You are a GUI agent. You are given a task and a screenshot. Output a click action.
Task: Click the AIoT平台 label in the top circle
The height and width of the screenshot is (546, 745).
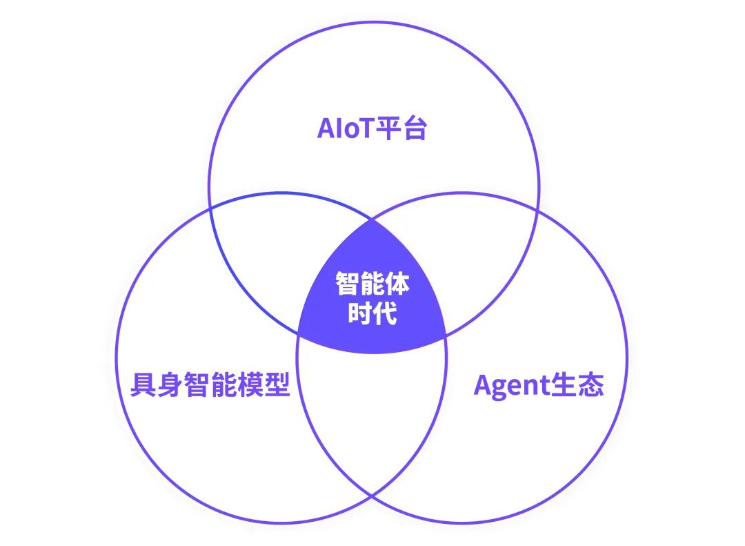[372, 128]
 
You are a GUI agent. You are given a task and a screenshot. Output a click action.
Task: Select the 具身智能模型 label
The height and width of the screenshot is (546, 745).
[210, 384]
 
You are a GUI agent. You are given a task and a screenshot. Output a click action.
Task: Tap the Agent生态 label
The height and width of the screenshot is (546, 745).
[538, 385]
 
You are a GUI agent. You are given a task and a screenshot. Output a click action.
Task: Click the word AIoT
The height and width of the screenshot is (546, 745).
[346, 128]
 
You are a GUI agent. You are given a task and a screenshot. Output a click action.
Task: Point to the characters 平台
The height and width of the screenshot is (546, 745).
[401, 128]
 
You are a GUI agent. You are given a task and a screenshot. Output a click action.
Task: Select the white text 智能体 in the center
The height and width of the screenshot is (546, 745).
[372, 284]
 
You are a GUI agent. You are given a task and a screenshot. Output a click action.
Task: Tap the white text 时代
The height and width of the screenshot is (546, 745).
[372, 313]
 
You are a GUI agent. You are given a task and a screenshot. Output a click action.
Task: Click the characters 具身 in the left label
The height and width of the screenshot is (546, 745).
[157, 384]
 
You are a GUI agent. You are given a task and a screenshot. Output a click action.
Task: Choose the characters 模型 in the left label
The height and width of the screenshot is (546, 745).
[264, 384]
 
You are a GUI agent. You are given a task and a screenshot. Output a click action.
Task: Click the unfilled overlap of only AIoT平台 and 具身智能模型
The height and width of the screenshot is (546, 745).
[280, 257]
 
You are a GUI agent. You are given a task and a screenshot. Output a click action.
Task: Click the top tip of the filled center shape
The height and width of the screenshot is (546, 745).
[372, 220]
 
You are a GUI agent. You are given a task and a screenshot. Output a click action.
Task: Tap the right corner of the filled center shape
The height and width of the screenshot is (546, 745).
[446, 337]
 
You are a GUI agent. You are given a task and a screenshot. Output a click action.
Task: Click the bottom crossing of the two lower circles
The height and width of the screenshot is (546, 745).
[372, 496]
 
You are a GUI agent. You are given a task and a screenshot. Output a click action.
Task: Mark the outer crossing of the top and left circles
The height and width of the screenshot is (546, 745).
[210, 209]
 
